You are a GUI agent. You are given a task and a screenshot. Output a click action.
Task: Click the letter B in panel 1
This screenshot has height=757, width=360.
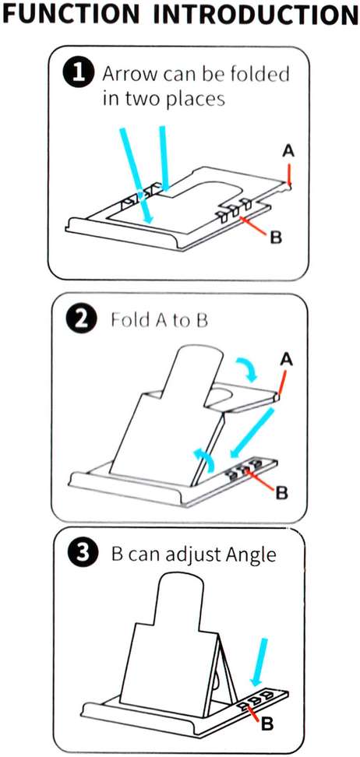click(x=275, y=237)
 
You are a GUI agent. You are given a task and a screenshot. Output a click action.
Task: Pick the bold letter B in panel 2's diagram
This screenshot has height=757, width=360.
click(x=282, y=491)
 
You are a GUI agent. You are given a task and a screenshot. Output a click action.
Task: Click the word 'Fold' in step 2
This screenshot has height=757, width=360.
click(x=126, y=320)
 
